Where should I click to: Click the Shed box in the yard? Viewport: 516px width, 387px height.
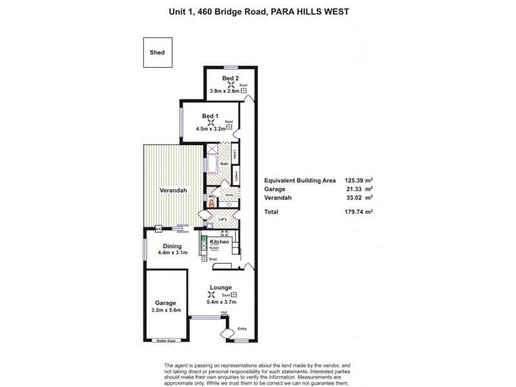coord(158,54)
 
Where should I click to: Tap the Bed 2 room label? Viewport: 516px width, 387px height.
coord(231,79)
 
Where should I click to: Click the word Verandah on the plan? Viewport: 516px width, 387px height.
coord(174,191)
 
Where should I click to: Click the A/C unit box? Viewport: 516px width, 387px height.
coord(157,228)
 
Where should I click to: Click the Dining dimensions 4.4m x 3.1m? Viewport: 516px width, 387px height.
coord(172,253)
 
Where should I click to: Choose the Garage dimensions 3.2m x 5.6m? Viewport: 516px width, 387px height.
coord(166,311)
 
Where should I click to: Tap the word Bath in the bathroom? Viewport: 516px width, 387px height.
coord(224,164)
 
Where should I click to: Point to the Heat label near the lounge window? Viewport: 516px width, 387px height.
coord(224,313)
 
